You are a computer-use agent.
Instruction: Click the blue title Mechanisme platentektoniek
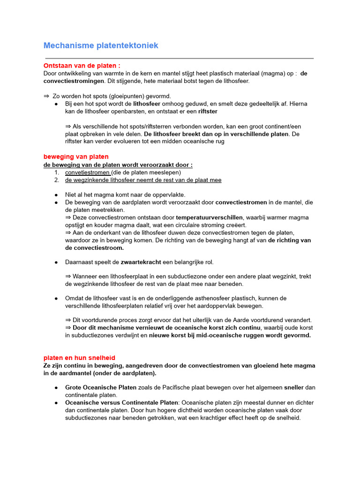101,45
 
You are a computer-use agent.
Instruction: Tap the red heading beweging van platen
76,157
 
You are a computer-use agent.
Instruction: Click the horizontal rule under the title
180,58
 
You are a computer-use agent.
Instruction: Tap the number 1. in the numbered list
57,172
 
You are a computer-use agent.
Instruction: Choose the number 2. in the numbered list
57,180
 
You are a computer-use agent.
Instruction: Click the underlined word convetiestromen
88,172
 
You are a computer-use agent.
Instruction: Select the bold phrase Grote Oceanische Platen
101,388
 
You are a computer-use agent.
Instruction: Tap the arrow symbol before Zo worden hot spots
46,96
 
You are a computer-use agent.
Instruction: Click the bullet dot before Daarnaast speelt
56,262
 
